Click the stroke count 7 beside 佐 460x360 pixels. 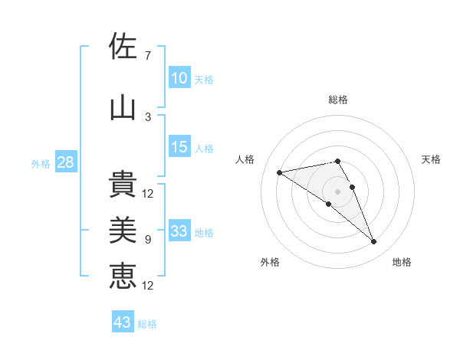(148, 55)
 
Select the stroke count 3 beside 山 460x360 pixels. (148, 116)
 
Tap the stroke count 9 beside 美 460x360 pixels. (148, 240)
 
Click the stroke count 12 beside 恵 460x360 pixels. (148, 285)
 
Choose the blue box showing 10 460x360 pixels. (179, 78)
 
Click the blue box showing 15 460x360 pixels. (179, 147)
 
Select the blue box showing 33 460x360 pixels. (179, 231)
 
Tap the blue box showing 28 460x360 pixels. (65, 162)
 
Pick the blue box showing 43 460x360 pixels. (123, 322)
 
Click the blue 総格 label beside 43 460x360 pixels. (148, 324)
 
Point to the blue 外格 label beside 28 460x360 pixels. (41, 163)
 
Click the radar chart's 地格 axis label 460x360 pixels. (402, 262)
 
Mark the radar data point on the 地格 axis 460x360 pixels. (374, 242)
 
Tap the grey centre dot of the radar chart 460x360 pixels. (337, 191)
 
